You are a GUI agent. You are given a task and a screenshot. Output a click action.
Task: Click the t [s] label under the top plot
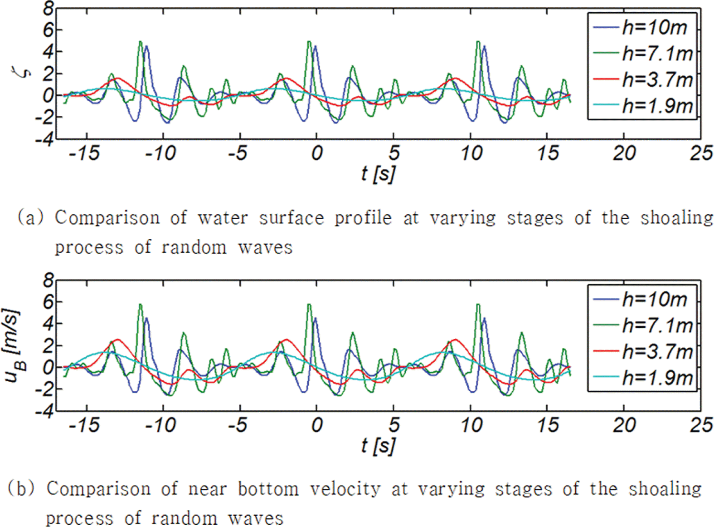click(x=378, y=173)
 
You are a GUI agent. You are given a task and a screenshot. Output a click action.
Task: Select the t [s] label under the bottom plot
click(x=378, y=445)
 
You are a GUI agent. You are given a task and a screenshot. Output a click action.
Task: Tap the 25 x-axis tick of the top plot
click(x=701, y=153)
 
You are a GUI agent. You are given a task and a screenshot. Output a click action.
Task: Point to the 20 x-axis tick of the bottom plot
click(x=624, y=425)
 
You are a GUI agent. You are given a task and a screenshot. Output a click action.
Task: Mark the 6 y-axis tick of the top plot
click(x=48, y=30)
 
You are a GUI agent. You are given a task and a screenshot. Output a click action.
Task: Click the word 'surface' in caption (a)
click(x=291, y=218)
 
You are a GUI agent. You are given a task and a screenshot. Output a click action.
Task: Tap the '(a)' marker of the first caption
click(x=30, y=218)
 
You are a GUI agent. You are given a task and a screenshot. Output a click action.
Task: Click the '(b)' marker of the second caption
click(x=21, y=489)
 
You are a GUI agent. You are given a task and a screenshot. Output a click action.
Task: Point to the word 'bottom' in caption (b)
click(x=268, y=489)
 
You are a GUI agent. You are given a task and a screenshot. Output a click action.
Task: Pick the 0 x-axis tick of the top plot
click(x=317, y=153)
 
